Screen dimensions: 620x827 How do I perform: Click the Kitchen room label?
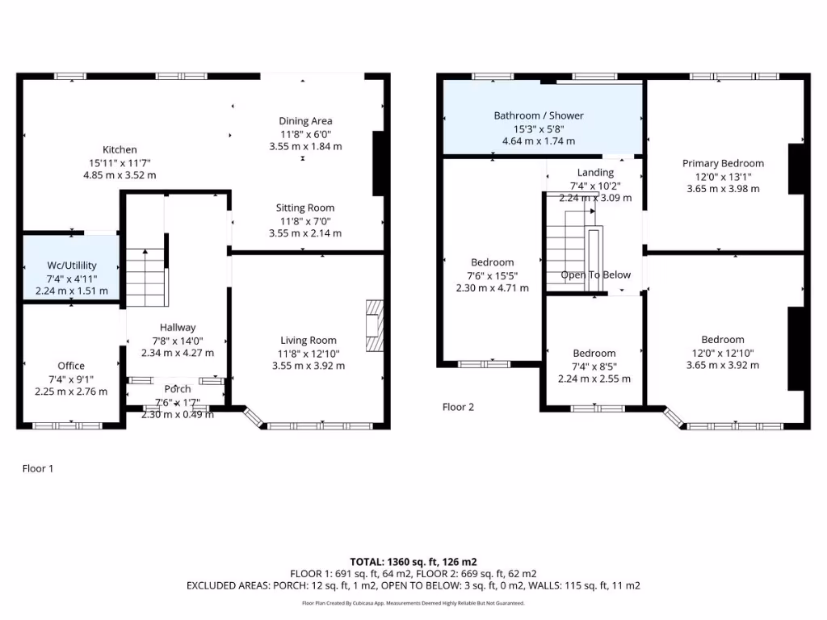pos(120,149)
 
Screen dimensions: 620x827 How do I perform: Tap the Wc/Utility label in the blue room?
pos(72,265)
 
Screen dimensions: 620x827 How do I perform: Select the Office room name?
pos(71,366)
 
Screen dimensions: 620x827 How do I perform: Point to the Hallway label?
pos(178,327)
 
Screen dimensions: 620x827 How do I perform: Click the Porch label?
pos(178,389)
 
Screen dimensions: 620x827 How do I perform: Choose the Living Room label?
pos(309,340)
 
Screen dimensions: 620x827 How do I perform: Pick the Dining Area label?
pos(305,121)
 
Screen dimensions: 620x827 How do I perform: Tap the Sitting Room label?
pos(305,207)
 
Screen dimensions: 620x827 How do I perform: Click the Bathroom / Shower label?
pos(539,115)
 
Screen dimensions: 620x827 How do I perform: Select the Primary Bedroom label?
pos(723,163)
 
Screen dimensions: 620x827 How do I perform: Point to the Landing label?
pos(595,172)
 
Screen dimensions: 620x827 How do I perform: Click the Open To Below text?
pos(596,274)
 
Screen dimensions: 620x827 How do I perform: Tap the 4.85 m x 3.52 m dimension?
pos(120,174)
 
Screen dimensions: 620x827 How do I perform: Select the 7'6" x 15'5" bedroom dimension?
pos(493,275)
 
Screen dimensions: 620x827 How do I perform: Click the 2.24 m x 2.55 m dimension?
pos(594,379)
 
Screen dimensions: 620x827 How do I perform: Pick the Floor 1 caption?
pos(37,468)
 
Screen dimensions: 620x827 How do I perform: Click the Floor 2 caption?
pos(458,407)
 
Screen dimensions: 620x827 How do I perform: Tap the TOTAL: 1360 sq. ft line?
pos(413,561)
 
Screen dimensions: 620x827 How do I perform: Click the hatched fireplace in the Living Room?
pos(372,326)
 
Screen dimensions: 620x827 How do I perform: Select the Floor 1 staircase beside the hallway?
pos(145,274)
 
